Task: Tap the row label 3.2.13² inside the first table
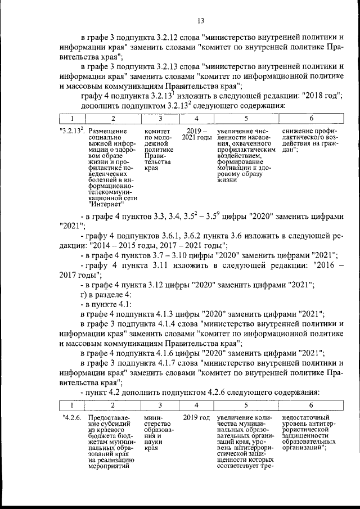[x=72, y=132]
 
